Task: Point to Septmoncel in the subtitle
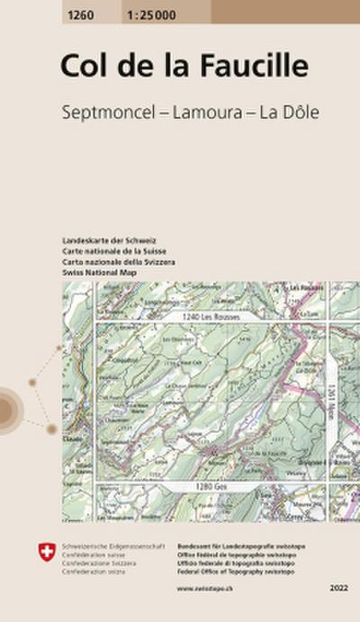point(101,114)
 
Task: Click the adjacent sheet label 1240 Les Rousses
point(202,318)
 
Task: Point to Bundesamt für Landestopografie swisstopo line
point(230,545)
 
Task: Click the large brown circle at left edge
point(5,410)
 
